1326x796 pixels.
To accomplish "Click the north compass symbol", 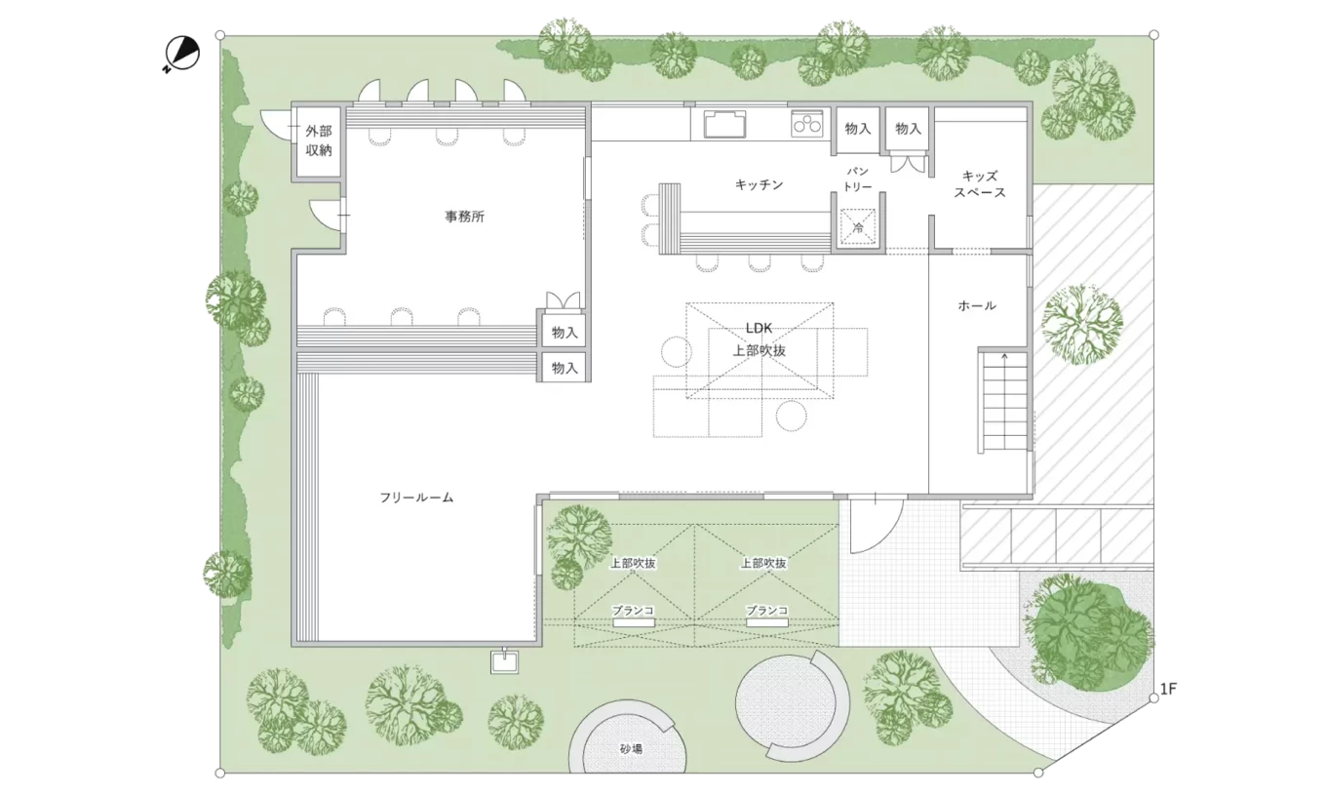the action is pos(181,54).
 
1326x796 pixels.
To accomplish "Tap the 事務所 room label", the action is pos(465,217).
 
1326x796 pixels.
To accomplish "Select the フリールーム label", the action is pos(416,497).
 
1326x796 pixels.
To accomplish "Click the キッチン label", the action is pos(759,184).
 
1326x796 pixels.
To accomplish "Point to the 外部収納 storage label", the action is pos(319,140).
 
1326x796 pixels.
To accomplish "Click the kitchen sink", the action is pos(724,125).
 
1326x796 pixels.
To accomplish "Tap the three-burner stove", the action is pos(807,124).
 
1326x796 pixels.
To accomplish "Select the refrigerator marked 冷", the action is pos(858,227).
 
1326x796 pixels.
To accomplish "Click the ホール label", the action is pos(977,305).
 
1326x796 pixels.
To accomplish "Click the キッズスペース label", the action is pos(980,184).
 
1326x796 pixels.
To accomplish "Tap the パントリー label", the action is pos(858,179).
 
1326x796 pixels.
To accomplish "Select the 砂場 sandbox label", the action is pos(631,749).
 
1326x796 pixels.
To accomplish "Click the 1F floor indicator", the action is pos(1168,689).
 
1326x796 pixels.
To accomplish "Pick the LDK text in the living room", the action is pos(759,328).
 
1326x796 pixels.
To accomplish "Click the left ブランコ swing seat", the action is pos(634,623).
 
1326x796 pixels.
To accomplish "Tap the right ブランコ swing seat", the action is pos(767,623).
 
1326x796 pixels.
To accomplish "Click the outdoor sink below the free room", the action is pos(504,661).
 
